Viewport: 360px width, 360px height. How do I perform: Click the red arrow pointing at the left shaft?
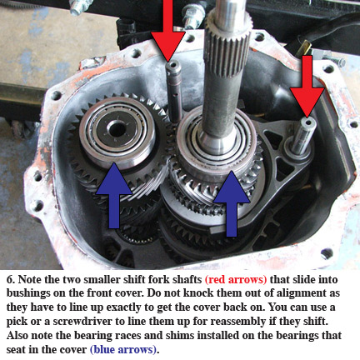[x=168, y=31]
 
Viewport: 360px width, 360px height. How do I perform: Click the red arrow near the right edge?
[x=307, y=86]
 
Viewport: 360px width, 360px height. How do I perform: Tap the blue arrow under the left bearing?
[x=114, y=195]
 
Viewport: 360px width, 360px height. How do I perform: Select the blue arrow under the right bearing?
[x=232, y=203]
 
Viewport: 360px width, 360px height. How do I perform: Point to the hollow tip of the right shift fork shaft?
[x=307, y=122]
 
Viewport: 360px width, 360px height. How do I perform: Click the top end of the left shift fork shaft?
[x=173, y=66]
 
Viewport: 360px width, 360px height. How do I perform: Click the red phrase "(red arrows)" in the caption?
[x=236, y=279]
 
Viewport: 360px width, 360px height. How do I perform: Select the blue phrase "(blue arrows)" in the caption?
[x=123, y=349]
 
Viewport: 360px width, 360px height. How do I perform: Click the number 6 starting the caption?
[x=11, y=279]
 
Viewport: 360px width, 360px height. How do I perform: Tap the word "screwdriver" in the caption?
[x=82, y=322]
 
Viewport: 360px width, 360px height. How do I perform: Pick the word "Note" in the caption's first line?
[x=30, y=279]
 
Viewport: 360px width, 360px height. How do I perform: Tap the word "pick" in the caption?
[x=17, y=322]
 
